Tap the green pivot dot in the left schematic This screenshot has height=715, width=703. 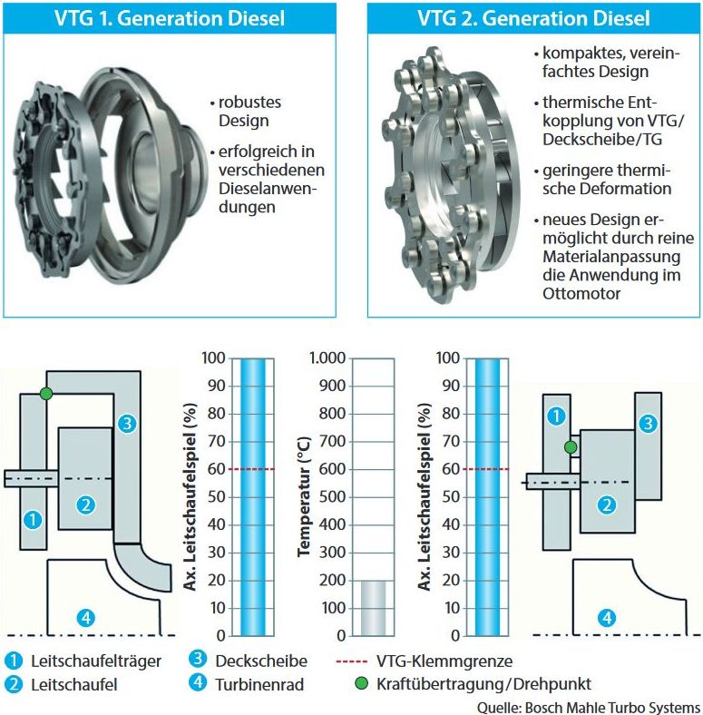coord(46,393)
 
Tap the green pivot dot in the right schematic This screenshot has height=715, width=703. coord(571,446)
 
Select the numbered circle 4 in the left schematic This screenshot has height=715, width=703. coord(85,618)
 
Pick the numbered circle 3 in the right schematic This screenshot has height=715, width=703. coord(647,422)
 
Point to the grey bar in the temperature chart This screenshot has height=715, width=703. coord(373,607)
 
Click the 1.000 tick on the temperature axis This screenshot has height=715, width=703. coord(324,358)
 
